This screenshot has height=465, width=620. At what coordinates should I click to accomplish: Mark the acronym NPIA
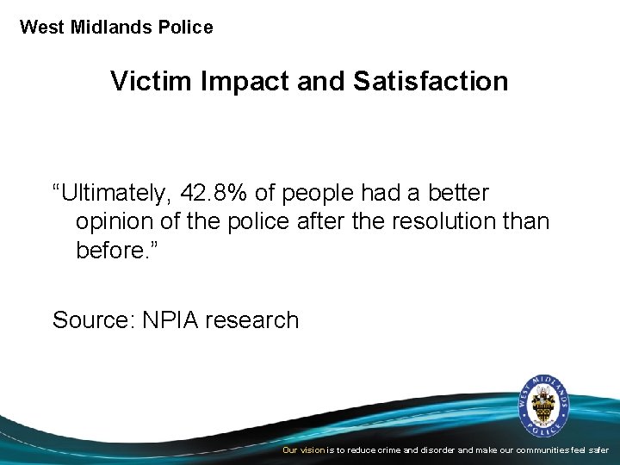coord(169,320)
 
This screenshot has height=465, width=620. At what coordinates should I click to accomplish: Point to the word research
coord(252,320)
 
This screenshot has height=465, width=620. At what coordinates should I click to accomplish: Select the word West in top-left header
coord(40,28)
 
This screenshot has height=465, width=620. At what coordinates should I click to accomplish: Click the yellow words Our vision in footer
coord(303,450)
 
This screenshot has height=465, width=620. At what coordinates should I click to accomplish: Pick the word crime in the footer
coord(392,450)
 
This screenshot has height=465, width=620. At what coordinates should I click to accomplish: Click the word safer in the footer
coord(598,450)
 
